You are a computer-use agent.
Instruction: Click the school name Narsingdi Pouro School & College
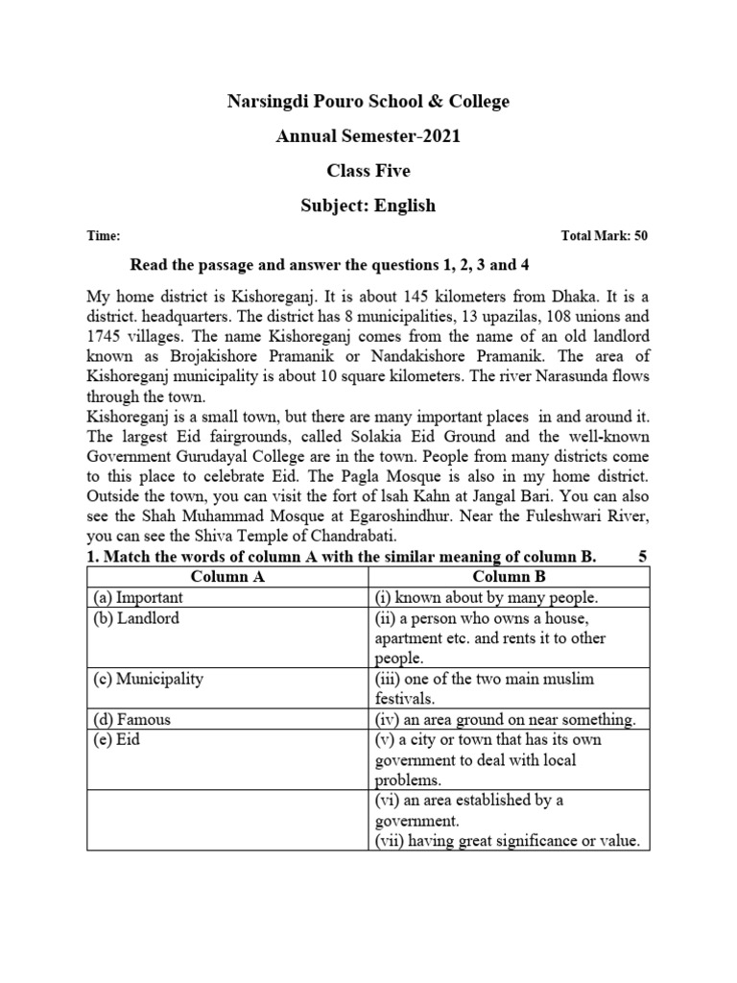(x=368, y=101)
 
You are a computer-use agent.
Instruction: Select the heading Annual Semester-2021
(x=368, y=136)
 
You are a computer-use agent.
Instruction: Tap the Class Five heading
(x=368, y=171)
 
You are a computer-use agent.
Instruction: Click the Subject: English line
(x=368, y=205)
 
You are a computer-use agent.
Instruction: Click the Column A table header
(x=227, y=577)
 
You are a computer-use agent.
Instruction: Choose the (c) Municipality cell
(x=149, y=679)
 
